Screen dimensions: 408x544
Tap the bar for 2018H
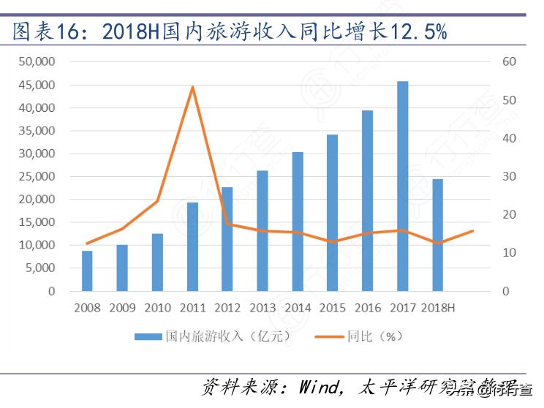437,235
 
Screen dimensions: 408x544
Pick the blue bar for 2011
192,246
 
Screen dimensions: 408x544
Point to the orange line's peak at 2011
192,87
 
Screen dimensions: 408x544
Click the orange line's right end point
473,231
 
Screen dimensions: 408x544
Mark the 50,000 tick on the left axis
40,62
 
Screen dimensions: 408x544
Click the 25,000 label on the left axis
40,176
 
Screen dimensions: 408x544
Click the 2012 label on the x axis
227,308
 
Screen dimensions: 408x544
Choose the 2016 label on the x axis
368,308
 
